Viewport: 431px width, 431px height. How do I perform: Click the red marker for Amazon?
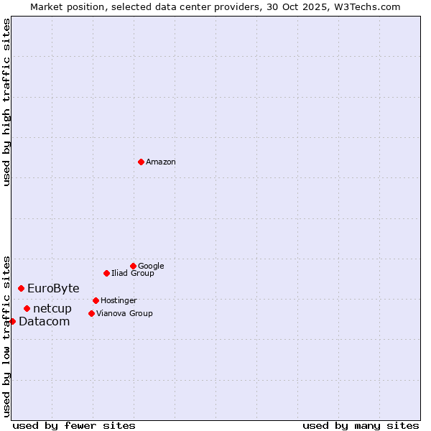click(x=141, y=162)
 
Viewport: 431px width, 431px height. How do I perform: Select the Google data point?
click(x=133, y=266)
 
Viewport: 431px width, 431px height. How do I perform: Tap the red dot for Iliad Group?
click(x=106, y=273)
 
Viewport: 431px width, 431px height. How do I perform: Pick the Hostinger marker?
click(x=96, y=300)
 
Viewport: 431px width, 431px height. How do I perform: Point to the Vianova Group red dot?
click(x=91, y=313)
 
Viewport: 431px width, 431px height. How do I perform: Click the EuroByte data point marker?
click(x=21, y=288)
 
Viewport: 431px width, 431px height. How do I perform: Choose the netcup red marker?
click(x=27, y=308)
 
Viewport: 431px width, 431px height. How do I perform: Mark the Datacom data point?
click(x=12, y=321)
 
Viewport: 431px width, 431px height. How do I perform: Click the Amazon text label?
click(x=161, y=162)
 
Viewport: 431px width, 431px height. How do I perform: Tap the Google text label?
click(x=151, y=266)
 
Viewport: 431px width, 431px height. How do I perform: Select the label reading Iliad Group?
click(x=133, y=273)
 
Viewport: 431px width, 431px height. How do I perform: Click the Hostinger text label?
click(x=119, y=300)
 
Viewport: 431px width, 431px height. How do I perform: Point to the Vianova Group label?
click(x=124, y=313)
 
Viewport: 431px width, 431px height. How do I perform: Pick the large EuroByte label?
click(x=53, y=289)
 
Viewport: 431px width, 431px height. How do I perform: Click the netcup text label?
click(x=52, y=309)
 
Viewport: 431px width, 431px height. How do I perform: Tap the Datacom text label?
click(x=45, y=322)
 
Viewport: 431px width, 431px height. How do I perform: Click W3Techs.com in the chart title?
click(x=370, y=7)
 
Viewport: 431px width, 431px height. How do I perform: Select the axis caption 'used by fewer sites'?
click(x=74, y=425)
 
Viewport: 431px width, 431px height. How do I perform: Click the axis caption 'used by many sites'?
click(x=361, y=425)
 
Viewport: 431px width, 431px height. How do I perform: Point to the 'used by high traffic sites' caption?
click(x=7, y=103)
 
